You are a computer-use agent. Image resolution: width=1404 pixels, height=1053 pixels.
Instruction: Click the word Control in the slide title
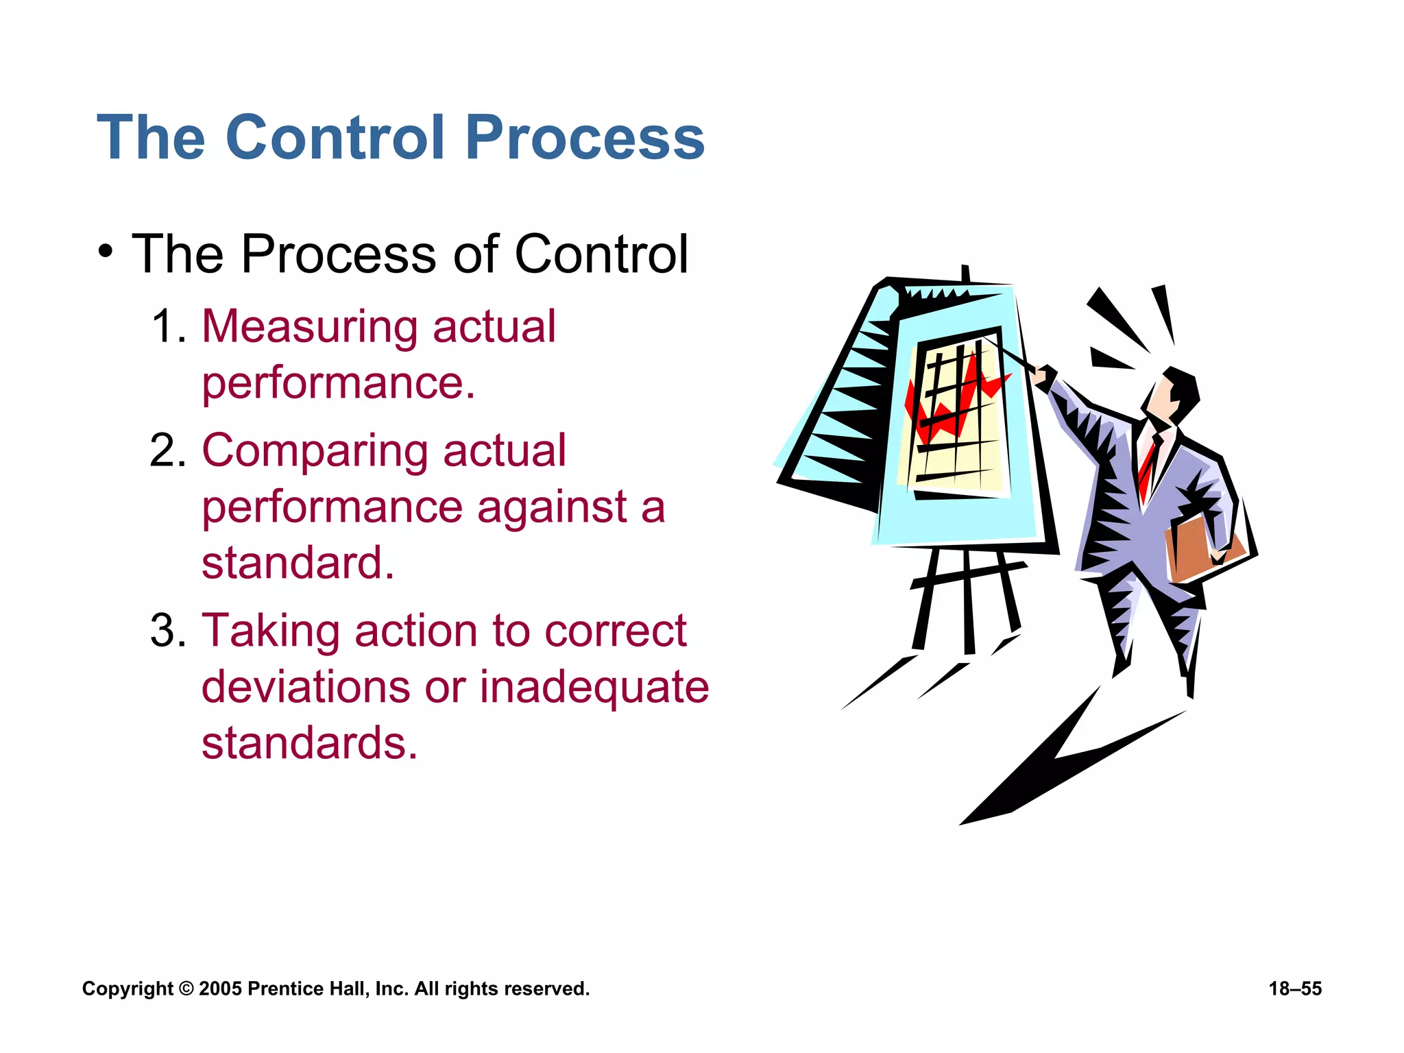click(x=335, y=137)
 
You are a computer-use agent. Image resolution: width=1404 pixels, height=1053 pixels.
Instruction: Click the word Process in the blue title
click(x=585, y=137)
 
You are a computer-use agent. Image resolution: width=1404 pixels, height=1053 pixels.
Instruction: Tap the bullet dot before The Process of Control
click(x=105, y=252)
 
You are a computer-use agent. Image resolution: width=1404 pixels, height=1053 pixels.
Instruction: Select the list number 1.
click(x=167, y=326)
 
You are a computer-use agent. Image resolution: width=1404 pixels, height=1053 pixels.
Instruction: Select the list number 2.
click(x=167, y=450)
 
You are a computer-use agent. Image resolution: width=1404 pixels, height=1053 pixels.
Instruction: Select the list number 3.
click(x=167, y=630)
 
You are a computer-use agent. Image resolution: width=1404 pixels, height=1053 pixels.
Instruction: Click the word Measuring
click(x=309, y=327)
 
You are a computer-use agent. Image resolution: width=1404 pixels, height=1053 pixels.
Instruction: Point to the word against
click(x=552, y=508)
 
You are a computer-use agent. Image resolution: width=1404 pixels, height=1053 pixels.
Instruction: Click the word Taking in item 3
click(x=270, y=631)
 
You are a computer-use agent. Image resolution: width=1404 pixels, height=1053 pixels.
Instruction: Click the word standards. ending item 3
click(x=309, y=743)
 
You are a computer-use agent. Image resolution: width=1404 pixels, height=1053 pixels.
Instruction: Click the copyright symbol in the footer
click(x=186, y=989)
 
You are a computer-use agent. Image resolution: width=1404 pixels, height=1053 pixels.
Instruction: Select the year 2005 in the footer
click(x=220, y=989)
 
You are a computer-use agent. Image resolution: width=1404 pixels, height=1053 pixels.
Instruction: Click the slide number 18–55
click(x=1294, y=989)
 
